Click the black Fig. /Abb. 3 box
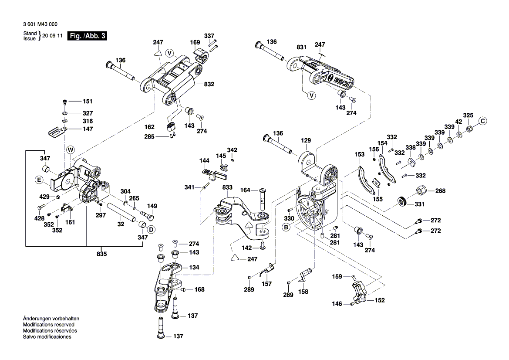[87, 36]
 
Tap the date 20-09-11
[53, 36]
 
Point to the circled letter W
[71, 150]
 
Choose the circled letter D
[151, 229]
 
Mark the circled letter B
[286, 227]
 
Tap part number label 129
[306, 140]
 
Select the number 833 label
[227, 187]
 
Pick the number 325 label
[468, 115]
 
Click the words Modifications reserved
[48, 325]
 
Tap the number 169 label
[195, 42]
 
